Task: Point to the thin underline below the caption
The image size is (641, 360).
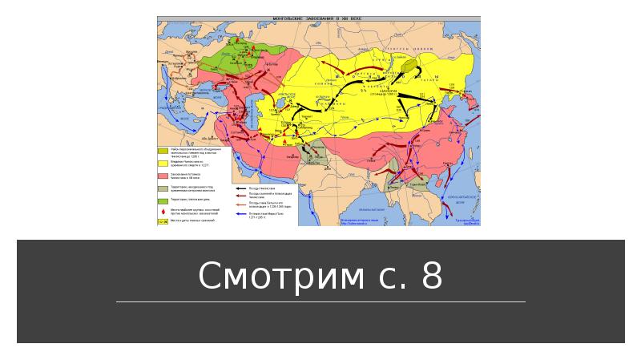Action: [320, 302]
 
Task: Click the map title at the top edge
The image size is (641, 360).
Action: [318, 18]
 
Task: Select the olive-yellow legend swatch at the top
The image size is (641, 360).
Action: [163, 151]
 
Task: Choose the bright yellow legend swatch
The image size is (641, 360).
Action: [163, 162]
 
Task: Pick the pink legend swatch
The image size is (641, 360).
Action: [163, 175]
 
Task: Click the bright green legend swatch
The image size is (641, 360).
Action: [163, 199]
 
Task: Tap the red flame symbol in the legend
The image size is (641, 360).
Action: [163, 209]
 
